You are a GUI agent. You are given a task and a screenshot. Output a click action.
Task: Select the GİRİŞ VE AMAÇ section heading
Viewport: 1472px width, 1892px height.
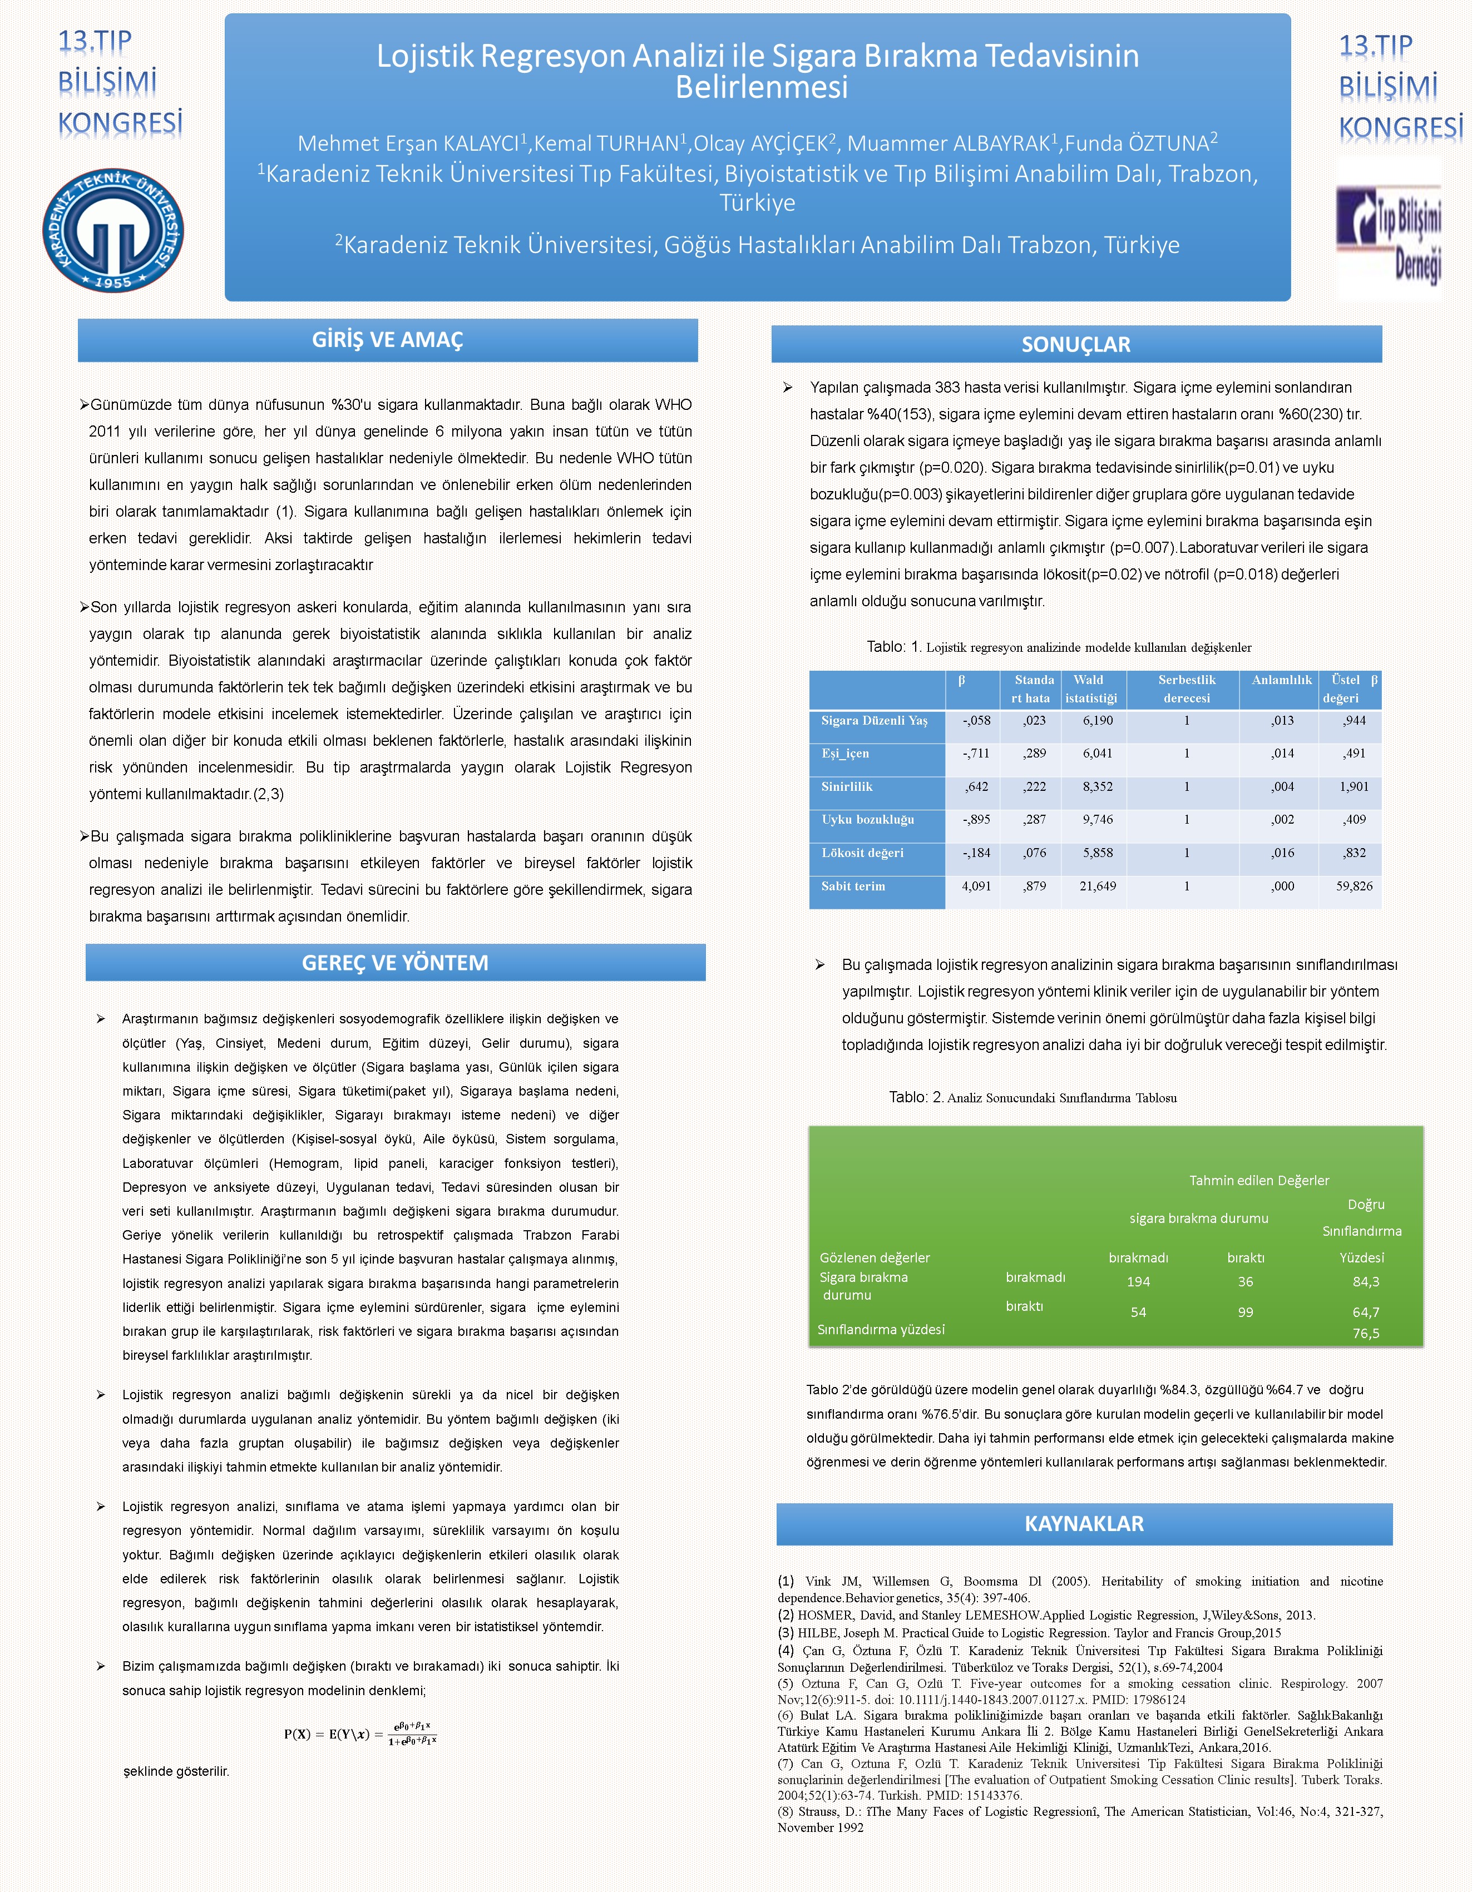pyautogui.click(x=387, y=340)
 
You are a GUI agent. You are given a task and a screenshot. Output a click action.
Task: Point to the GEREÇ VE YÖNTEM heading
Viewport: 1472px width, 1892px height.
pyautogui.click(x=395, y=963)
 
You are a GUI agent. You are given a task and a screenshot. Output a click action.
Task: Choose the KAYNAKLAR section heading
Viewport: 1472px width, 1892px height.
pyautogui.click(x=1084, y=1523)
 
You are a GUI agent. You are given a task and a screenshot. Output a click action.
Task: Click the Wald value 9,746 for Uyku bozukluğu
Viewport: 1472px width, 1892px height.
pyautogui.click(x=1097, y=820)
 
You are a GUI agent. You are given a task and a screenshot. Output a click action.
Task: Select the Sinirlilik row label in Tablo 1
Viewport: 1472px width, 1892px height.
pyautogui.click(x=847, y=786)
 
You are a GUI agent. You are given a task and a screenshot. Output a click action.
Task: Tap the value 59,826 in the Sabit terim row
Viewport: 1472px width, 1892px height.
pyautogui.click(x=1354, y=886)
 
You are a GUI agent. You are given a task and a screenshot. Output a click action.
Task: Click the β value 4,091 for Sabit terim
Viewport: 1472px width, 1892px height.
pyautogui.click(x=976, y=886)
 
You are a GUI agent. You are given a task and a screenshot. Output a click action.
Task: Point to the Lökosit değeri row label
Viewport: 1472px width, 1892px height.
pyautogui.click(x=862, y=853)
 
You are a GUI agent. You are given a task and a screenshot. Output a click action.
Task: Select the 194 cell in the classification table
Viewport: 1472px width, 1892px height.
pyautogui.click(x=1138, y=1282)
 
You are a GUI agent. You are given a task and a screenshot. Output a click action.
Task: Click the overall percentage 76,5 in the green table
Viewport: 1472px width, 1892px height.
pyautogui.click(x=1365, y=1333)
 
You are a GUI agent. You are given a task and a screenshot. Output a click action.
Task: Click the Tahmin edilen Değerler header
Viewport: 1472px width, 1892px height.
pyautogui.click(x=1258, y=1181)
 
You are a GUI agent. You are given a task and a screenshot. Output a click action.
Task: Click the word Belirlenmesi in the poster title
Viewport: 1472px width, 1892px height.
pyautogui.click(x=760, y=87)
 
